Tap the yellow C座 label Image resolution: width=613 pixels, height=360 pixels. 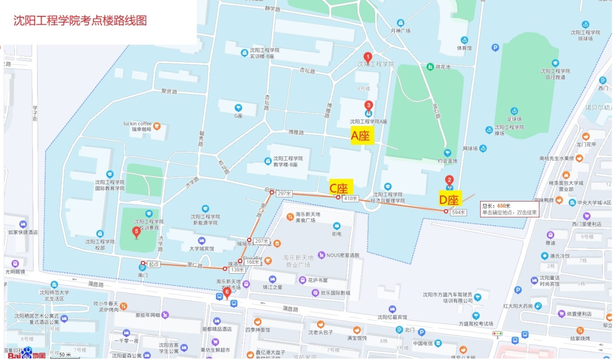[341, 187]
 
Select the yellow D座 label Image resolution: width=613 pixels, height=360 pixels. [449, 199]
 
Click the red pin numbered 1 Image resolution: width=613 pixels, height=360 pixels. [367, 57]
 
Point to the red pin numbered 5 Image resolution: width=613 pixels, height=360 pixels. [136, 232]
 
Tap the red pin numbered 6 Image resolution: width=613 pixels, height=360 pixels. [227, 293]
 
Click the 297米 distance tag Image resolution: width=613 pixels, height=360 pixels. [284, 194]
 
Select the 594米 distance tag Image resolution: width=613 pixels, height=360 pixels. [459, 212]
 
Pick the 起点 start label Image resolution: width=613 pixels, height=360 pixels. [153, 264]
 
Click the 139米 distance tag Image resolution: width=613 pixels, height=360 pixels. [238, 270]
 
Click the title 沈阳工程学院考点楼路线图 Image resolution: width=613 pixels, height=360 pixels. [80, 21]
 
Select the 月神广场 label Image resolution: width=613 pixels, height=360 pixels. [400, 31]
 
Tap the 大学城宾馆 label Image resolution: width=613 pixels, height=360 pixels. [201, 249]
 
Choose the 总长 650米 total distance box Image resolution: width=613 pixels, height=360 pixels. [510, 209]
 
